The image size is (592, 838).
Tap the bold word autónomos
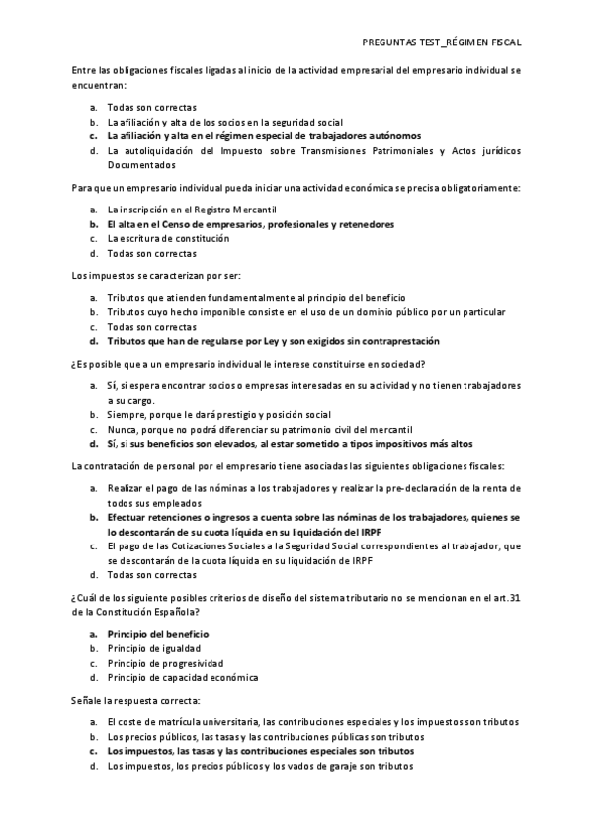tap(392, 136)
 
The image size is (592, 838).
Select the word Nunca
tap(122, 429)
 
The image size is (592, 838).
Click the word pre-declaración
tap(428, 488)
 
